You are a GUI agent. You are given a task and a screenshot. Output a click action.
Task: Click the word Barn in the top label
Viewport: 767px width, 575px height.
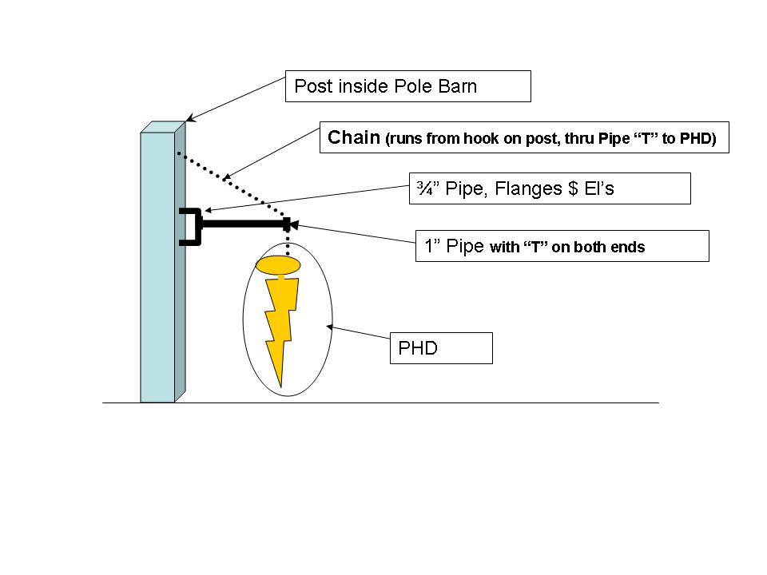pyautogui.click(x=458, y=86)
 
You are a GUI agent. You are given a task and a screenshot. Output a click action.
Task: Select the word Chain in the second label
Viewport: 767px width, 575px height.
pyautogui.click(x=354, y=138)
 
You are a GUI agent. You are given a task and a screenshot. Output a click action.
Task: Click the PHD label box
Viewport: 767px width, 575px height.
pyautogui.click(x=440, y=349)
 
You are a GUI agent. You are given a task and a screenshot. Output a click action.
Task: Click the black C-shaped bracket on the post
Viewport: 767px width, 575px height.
pyautogui.click(x=189, y=227)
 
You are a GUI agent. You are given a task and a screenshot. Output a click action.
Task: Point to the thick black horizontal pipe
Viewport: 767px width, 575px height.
pyautogui.click(x=243, y=225)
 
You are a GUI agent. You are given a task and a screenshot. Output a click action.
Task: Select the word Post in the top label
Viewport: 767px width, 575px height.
pyautogui.click(x=312, y=86)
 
